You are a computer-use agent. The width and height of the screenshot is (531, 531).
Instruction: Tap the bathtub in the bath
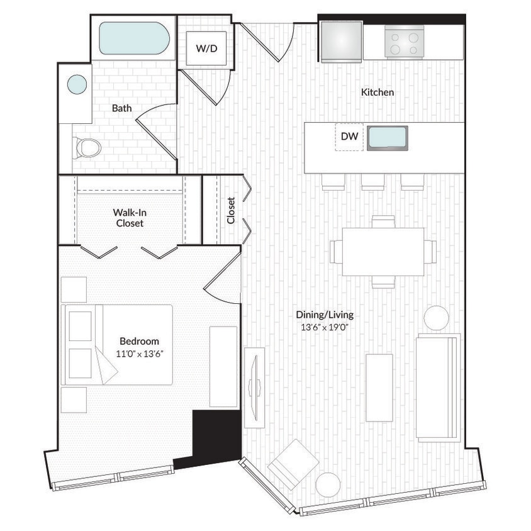134,38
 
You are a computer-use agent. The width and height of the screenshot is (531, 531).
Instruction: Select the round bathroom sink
77,84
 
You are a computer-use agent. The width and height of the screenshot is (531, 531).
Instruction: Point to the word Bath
121,108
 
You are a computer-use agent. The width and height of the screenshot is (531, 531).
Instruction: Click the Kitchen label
377,92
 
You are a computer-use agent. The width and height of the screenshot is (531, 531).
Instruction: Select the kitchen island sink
388,138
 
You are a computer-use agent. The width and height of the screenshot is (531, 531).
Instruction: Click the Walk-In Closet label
128,218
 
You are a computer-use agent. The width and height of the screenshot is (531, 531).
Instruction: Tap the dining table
383,252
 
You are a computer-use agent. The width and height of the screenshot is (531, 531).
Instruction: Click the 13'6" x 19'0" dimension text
325,327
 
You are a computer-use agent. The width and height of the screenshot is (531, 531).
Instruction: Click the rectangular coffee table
379,388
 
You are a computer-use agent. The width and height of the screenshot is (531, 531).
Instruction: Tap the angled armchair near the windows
293,464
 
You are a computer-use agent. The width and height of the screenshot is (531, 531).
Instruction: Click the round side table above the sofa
436,318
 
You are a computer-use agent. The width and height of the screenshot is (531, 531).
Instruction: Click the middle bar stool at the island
372,182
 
